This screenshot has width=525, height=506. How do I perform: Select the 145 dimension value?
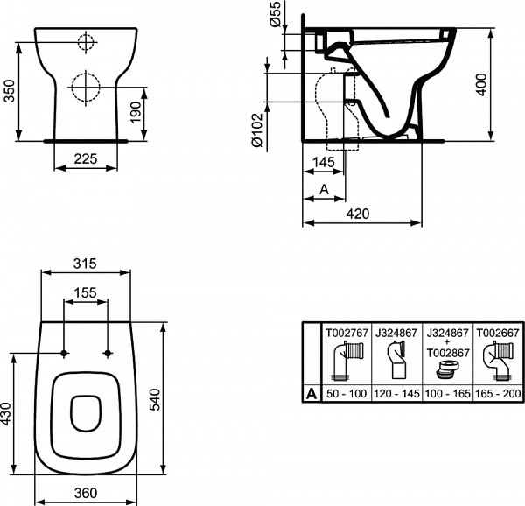click(x=324, y=162)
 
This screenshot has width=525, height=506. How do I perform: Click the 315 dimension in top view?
click(x=86, y=263)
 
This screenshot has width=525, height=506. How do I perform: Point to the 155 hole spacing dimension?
click(x=85, y=293)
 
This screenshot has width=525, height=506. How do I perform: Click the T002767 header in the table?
click(x=346, y=333)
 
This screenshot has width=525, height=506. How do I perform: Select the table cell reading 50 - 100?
click(x=346, y=394)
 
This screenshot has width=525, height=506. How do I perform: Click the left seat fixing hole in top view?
click(x=64, y=353)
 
